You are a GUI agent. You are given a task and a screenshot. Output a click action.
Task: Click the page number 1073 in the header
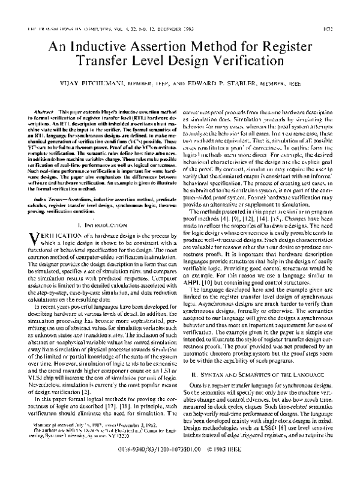[341, 27]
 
